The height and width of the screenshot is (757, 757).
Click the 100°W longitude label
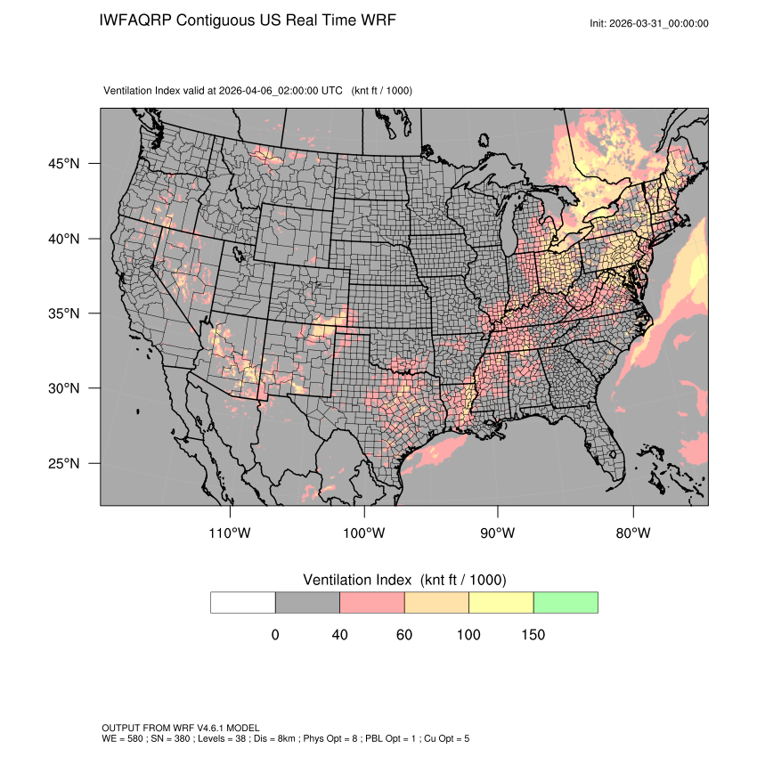[364, 533]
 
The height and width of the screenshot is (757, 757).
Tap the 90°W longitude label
[498, 533]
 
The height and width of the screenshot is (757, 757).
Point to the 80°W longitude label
[632, 533]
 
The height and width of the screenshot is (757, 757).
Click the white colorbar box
[243, 602]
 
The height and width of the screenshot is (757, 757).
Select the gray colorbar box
[307, 602]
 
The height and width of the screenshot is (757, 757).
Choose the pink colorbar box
[372, 602]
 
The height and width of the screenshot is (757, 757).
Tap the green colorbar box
[566, 602]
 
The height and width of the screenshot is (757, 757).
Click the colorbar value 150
[533, 635]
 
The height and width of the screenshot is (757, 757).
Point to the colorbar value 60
[404, 635]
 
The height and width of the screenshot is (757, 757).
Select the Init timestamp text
[649, 23]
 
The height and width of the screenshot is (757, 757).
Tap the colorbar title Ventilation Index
[360, 580]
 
